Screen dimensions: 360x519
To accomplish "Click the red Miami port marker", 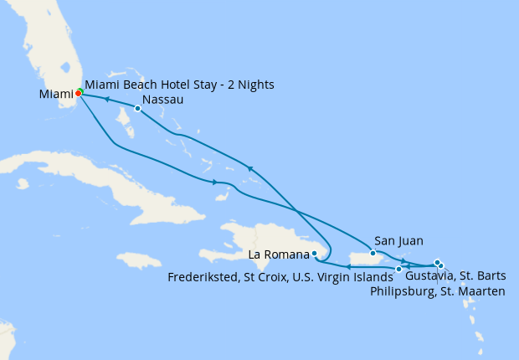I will coord(78,93).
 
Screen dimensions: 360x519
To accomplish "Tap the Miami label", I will coord(56,95).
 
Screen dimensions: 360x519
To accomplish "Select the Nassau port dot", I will coord(137,108).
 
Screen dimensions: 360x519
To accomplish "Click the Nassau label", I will coord(163,100).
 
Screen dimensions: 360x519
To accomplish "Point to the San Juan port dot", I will coord(373,253).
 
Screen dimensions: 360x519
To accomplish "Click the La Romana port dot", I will coord(314,253).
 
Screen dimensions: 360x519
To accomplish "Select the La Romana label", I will coord(279,254).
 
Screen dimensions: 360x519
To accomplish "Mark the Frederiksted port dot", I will coord(398,269).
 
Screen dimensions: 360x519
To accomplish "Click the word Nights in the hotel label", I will coord(256,85).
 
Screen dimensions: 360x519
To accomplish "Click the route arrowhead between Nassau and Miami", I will coord(107,100).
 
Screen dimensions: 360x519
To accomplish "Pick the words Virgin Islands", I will coord(358,276).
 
